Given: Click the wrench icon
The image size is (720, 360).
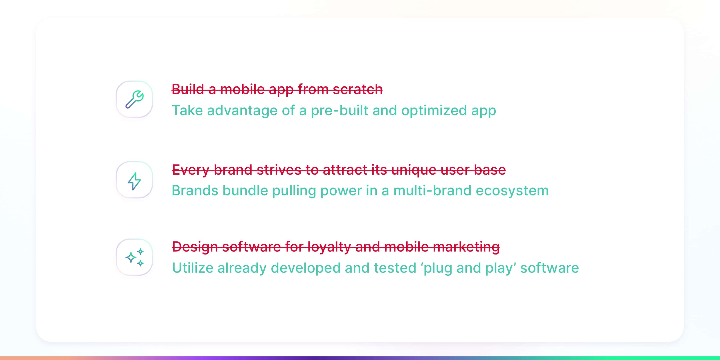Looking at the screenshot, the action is click(x=135, y=99).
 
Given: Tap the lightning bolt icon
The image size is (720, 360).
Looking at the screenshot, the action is click(x=134, y=181).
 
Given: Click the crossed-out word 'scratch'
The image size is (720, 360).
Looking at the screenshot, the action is click(x=358, y=90).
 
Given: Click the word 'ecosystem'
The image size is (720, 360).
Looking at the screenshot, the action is click(x=512, y=191).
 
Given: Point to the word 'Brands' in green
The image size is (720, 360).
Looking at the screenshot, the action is click(x=195, y=191).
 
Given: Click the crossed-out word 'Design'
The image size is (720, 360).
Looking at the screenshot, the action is click(x=195, y=247).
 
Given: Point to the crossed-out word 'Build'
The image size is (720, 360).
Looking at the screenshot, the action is click(x=188, y=90).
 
